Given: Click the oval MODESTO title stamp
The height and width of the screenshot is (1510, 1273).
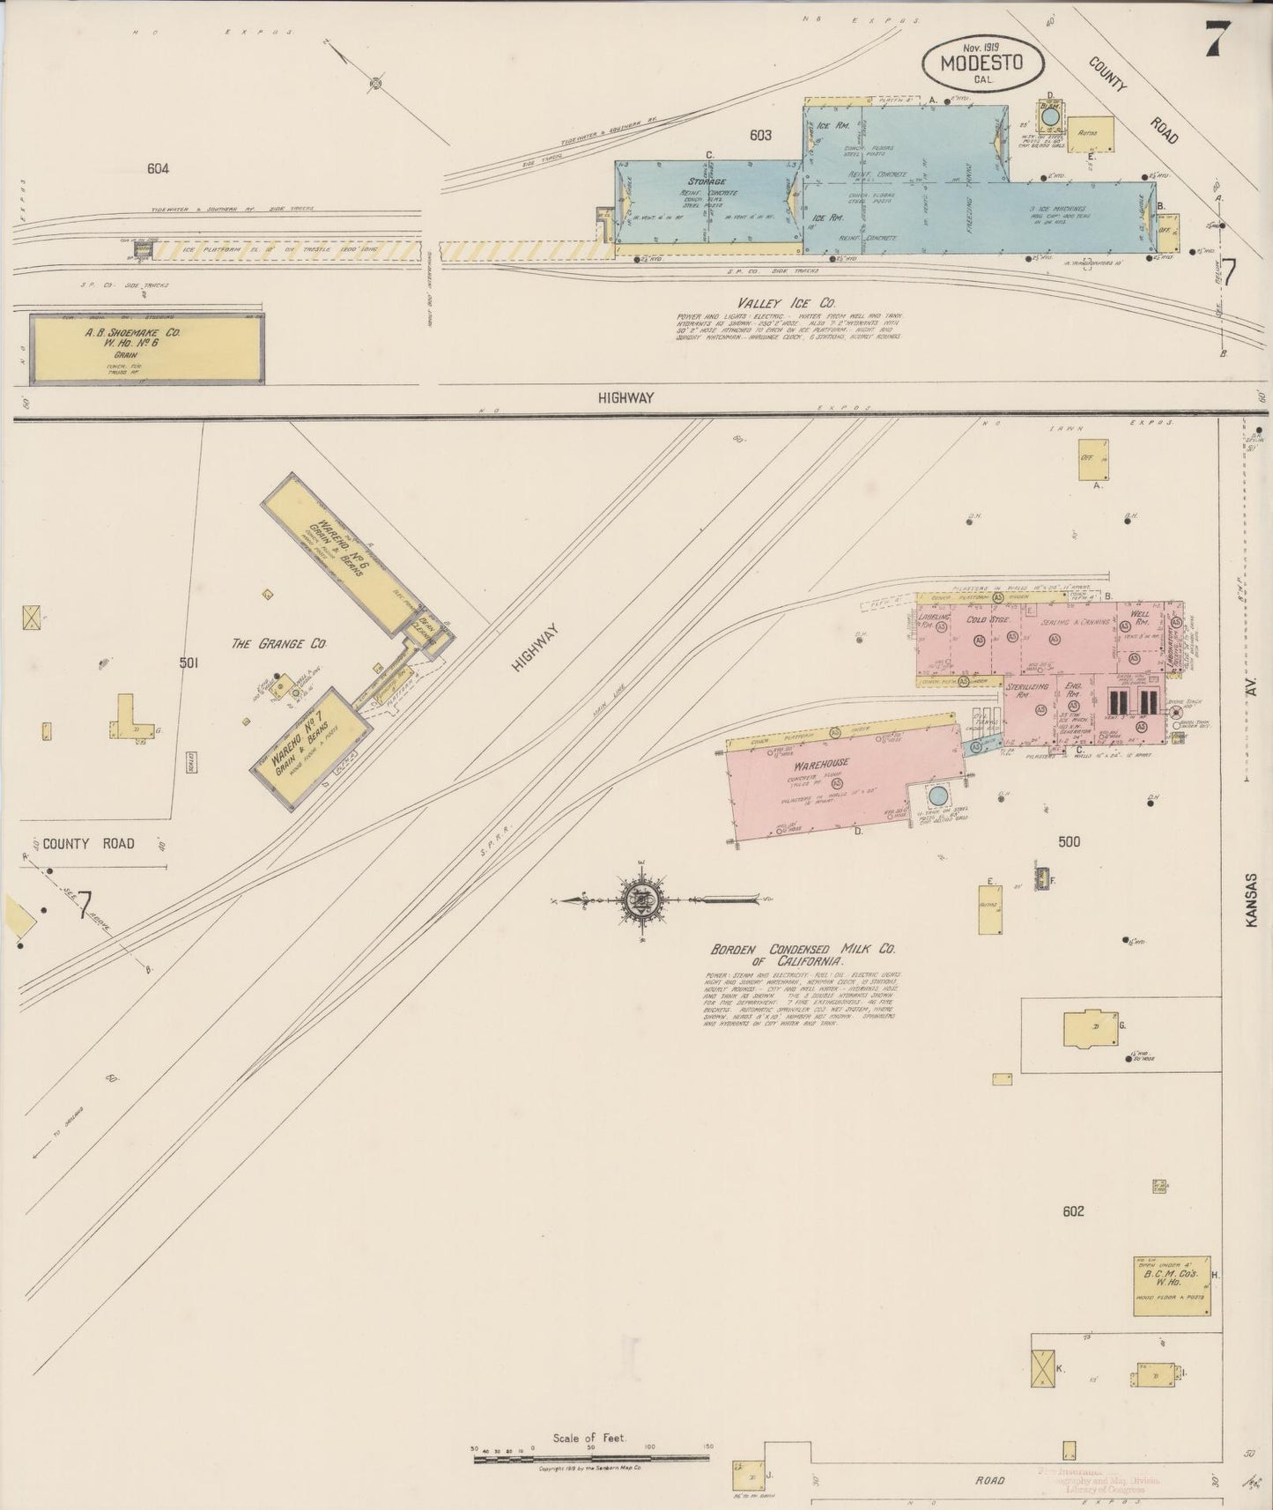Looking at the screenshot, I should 982,64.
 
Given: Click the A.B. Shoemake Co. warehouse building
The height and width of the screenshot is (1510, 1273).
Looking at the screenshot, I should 147,349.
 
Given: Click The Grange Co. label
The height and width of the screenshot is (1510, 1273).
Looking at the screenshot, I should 278,644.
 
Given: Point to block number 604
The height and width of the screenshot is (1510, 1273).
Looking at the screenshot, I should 158,168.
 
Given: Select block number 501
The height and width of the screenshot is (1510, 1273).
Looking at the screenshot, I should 188,662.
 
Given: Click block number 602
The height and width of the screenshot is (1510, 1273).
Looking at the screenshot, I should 1072,1211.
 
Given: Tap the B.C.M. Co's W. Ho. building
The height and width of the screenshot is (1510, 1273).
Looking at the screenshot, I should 1171,1286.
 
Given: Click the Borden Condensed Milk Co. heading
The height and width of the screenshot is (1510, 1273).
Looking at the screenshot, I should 803,954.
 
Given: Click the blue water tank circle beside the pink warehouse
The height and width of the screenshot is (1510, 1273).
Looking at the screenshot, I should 938,796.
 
